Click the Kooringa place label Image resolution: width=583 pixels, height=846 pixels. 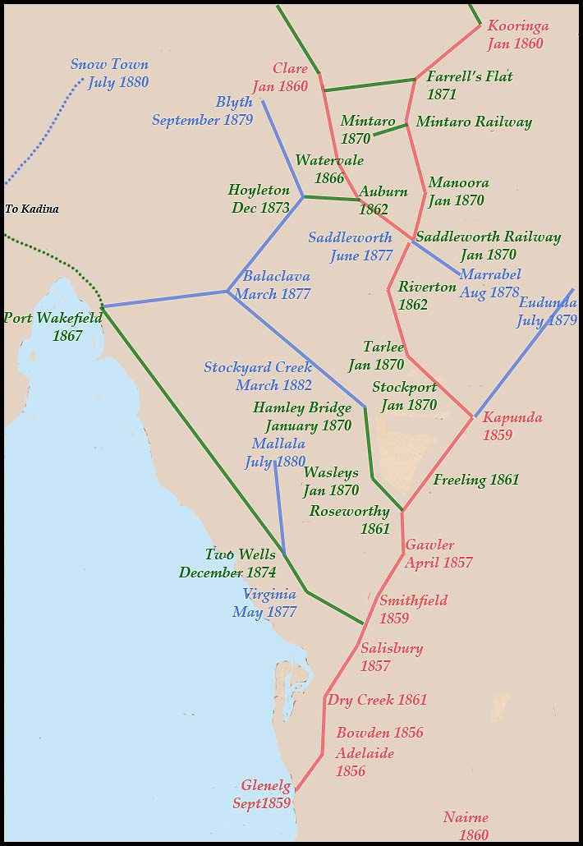[518, 26]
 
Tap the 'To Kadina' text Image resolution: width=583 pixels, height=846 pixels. [32, 209]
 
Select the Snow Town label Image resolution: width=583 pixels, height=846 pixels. [109, 65]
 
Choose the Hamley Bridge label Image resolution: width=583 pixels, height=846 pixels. [301, 407]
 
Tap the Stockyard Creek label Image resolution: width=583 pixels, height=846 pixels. [258, 367]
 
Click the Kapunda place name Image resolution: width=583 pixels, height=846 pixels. [512, 417]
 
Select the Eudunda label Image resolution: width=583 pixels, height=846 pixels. [548, 303]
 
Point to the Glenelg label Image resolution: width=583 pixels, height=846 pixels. [266, 786]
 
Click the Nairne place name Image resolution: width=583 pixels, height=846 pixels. [466, 817]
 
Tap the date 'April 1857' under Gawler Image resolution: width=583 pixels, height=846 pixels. [438, 563]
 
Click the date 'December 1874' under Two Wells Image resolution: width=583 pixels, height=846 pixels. [227, 572]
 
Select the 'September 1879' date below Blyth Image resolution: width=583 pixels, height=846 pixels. [202, 120]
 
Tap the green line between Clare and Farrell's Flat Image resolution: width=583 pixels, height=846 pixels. [369, 85]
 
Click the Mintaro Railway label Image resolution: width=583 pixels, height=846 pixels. [474, 122]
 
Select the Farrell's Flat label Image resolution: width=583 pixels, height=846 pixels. [470, 77]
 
